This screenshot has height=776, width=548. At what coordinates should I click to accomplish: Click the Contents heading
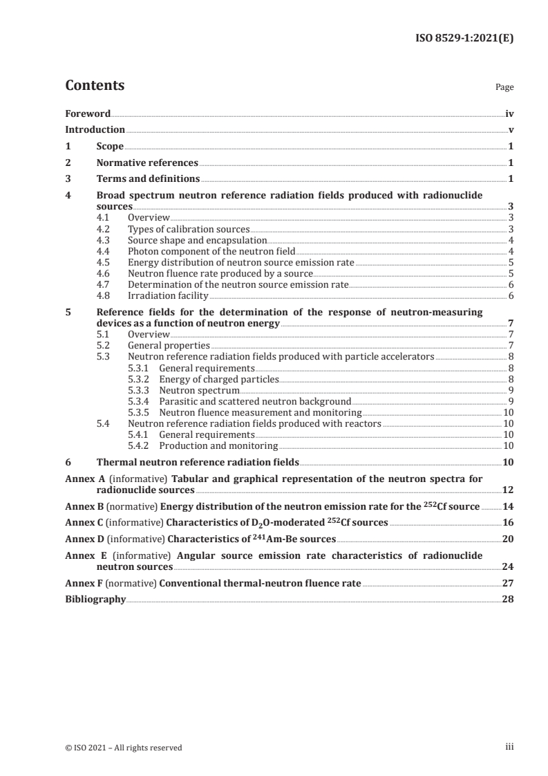(x=95, y=86)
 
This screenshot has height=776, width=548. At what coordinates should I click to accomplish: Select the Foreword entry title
(x=88, y=113)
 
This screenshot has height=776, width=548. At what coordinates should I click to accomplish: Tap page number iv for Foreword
(x=509, y=113)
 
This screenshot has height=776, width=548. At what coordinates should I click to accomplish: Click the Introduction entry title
(x=95, y=129)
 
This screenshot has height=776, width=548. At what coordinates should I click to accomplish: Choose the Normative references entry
(x=147, y=163)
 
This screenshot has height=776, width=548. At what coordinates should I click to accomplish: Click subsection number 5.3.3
(x=140, y=390)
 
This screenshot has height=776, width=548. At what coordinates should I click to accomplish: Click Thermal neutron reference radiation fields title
(x=198, y=462)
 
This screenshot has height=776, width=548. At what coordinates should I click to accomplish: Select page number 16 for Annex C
(x=509, y=522)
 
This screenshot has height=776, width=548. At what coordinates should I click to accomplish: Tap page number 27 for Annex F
(x=509, y=582)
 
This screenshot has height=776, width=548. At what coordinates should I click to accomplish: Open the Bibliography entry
(x=95, y=599)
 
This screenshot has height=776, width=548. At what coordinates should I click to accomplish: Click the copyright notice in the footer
(x=124, y=748)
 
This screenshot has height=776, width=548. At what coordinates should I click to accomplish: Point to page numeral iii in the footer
(x=510, y=747)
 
